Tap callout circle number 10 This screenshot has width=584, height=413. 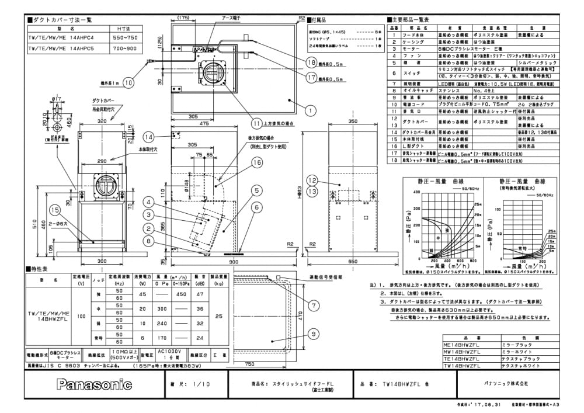point(128,82)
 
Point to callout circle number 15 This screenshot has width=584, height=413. point(55,209)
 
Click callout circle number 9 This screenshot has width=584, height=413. point(314,334)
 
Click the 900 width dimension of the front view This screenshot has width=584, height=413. point(235,262)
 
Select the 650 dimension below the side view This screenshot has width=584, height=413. point(353,262)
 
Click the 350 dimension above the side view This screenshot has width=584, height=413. point(352,121)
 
